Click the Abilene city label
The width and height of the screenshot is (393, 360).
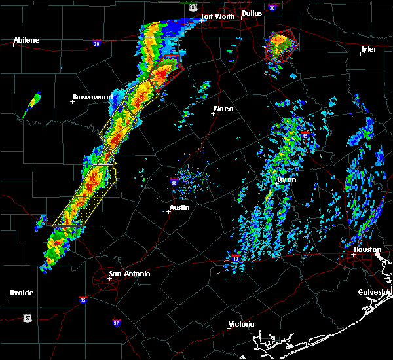[x=27, y=40]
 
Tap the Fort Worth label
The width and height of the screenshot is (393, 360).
[x=217, y=16]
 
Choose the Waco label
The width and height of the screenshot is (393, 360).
[x=223, y=109]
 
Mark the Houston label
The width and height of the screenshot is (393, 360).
[x=368, y=249]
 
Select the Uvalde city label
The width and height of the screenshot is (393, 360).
[x=22, y=292]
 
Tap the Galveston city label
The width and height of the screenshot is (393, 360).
[x=375, y=292]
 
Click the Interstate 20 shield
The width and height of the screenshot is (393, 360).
[x=97, y=44]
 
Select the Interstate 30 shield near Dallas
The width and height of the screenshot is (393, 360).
[x=272, y=7]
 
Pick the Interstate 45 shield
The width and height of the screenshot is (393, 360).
[x=306, y=135]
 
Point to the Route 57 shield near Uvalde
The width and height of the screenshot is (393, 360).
[x=28, y=317]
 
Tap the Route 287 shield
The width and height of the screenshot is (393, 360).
[x=193, y=7]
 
